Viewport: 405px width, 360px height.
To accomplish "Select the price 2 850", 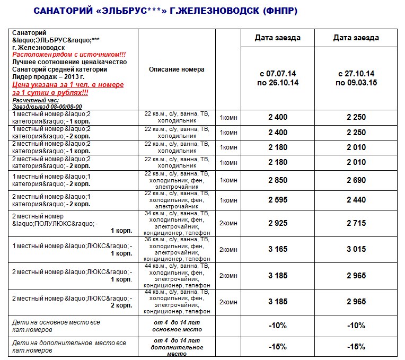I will [x=277, y=180].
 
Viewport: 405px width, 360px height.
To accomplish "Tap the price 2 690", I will [x=356, y=180].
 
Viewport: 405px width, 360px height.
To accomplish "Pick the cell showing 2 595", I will [x=277, y=200].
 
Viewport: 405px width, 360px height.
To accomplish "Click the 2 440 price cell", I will [x=356, y=200].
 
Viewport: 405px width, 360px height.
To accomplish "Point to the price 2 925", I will [x=277, y=223].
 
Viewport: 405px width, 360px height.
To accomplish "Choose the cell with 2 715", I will [x=356, y=223].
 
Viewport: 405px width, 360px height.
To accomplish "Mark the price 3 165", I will [x=277, y=249].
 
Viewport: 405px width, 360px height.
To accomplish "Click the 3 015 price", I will [x=356, y=249].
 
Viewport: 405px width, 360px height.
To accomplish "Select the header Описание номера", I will [x=177, y=69].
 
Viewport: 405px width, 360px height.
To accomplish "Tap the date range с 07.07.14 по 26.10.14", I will [x=277, y=78].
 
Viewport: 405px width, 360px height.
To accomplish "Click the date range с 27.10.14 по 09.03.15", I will [x=356, y=78].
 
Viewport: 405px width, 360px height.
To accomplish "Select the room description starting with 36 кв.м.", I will [x=177, y=249].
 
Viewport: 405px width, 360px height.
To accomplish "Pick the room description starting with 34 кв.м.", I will [x=177, y=223].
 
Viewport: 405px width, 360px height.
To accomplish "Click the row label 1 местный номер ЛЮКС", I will [x=72, y=249].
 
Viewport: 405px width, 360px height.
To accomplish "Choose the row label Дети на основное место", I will [x=56, y=326].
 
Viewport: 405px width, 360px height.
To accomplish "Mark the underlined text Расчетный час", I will [x=35, y=100].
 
